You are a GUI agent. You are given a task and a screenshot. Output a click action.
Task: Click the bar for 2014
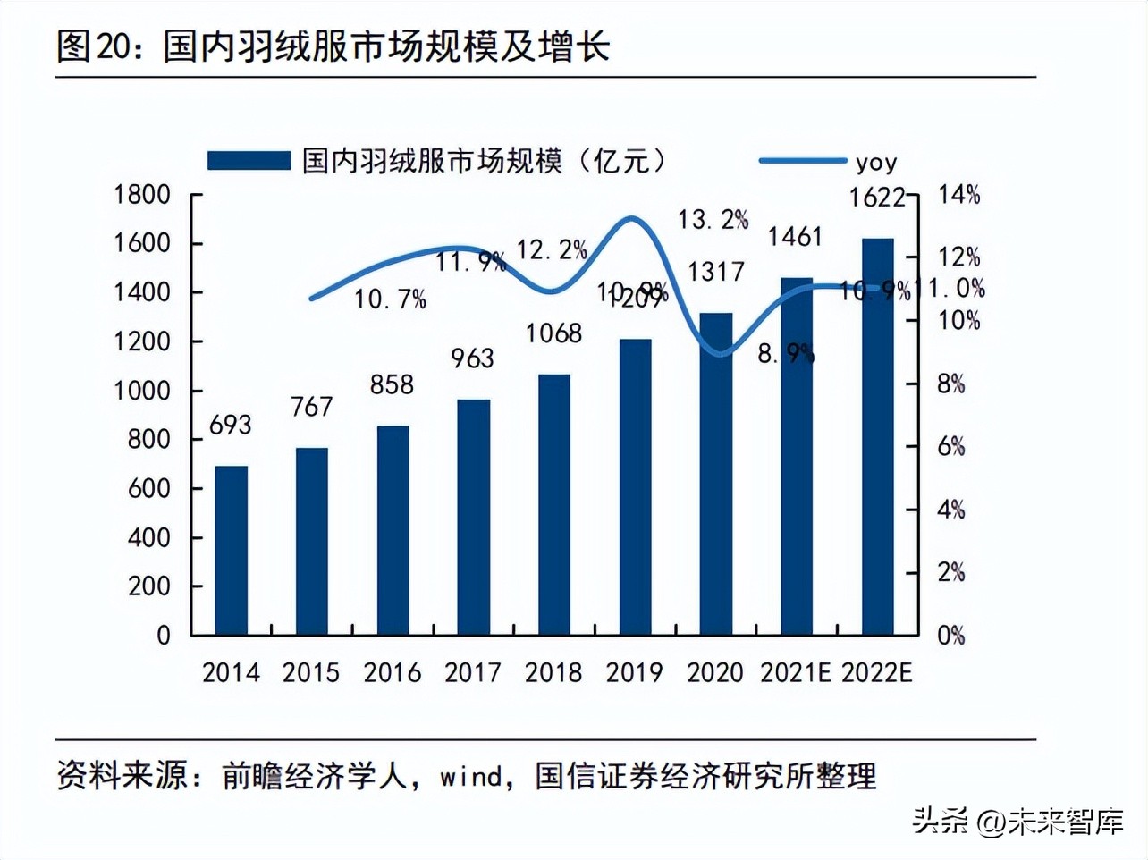click(231, 550)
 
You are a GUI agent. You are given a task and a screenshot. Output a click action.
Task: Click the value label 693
click(231, 426)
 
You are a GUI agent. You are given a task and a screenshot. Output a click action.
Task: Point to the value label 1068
click(553, 333)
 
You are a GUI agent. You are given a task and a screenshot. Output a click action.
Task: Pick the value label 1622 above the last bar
click(877, 197)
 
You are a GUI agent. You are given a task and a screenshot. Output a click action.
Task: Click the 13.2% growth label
click(713, 220)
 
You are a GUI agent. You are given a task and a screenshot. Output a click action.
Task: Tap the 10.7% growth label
click(390, 299)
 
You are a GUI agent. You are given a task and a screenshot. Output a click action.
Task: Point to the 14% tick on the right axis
click(958, 195)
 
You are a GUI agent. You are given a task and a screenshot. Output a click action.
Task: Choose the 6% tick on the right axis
click(951, 447)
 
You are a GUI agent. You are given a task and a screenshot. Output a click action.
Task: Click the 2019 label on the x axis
click(634, 672)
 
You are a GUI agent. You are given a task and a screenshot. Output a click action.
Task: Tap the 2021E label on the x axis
click(795, 672)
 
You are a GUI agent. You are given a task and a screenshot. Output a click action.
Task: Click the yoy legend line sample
click(802, 161)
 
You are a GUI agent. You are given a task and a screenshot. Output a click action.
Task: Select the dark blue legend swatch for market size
click(249, 161)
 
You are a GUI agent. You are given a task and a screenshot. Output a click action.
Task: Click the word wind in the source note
click(471, 776)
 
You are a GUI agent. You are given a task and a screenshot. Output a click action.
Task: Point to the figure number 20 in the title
click(114, 46)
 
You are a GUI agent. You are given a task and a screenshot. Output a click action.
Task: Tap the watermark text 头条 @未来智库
click(1017, 820)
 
